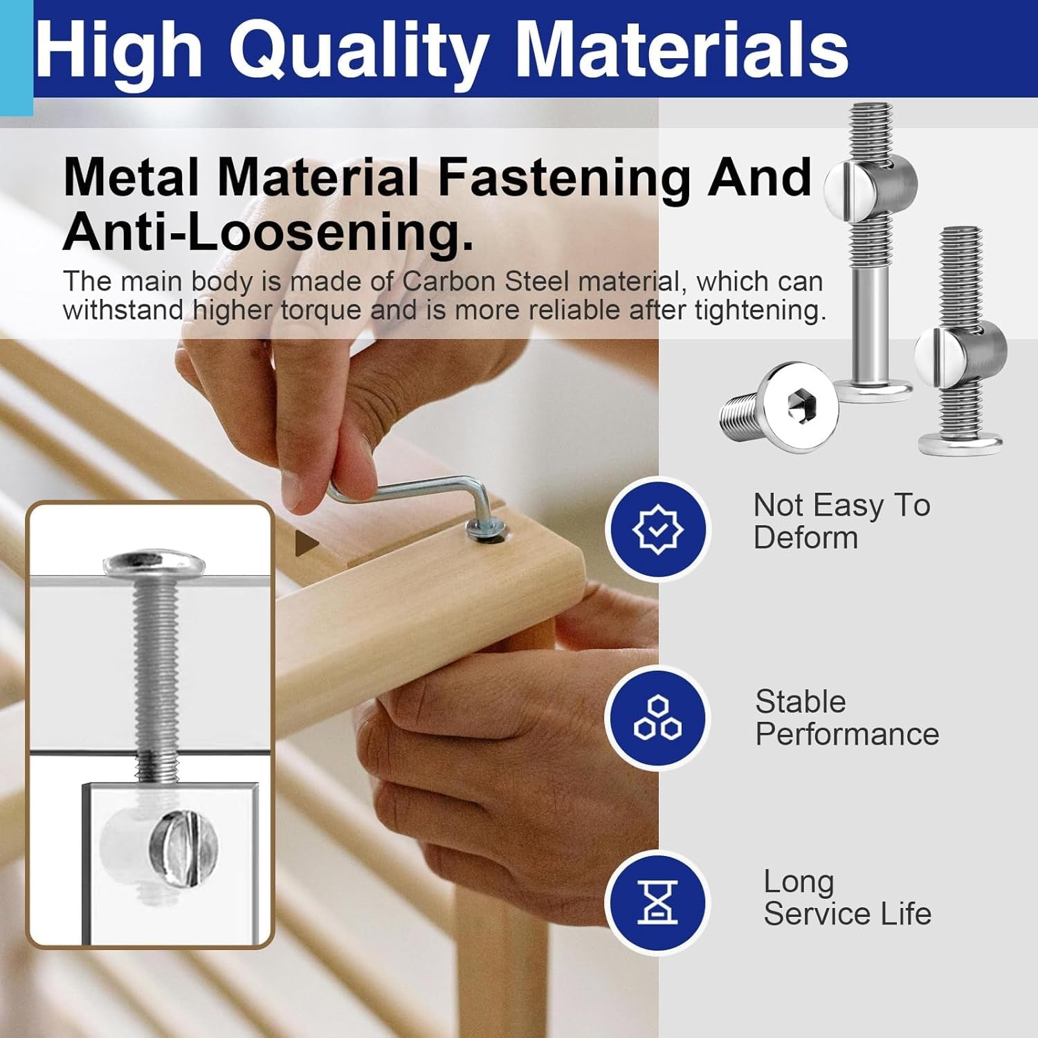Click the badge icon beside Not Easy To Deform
click(658, 529)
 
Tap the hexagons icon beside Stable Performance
click(658, 717)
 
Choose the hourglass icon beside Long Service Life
click(658, 902)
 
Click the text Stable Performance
click(847, 718)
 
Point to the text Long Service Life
click(847, 898)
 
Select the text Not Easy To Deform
click(841, 521)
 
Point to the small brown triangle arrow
click(306, 544)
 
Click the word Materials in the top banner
click(682, 50)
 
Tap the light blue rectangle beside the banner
click(16, 58)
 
